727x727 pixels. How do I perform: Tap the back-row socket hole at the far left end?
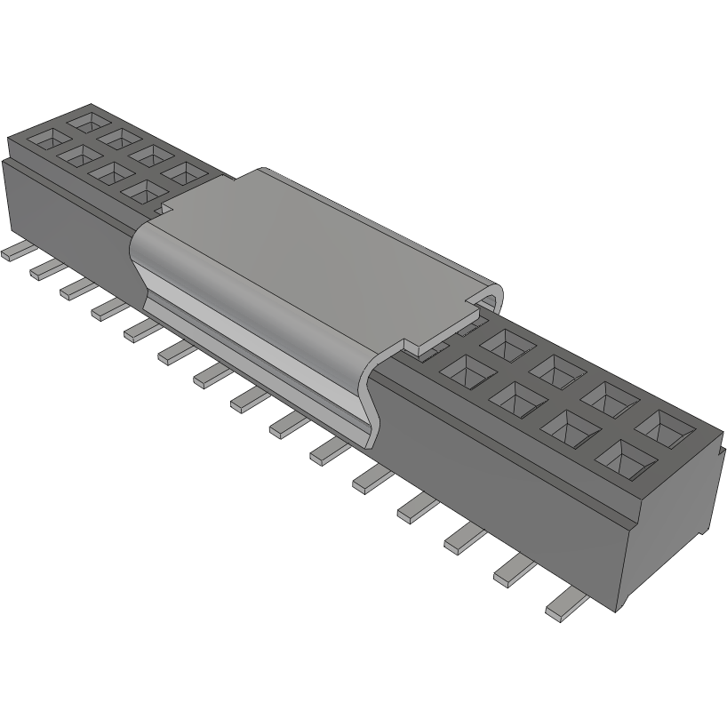click(90, 118)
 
